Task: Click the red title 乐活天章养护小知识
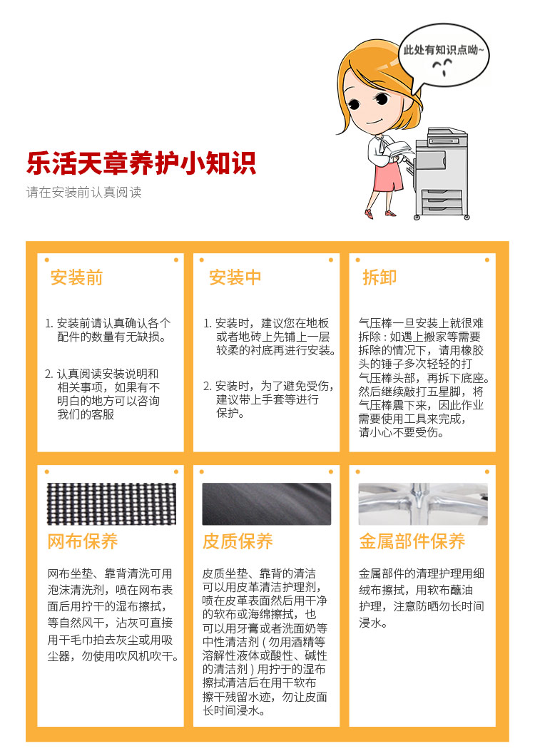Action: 141,163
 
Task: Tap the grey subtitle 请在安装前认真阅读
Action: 83,193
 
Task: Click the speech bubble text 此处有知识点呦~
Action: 444,50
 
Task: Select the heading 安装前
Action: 77,277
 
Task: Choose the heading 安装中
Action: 235,277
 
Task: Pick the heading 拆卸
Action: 379,277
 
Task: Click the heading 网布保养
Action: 83,541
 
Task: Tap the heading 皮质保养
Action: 238,541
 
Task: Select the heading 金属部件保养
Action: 412,541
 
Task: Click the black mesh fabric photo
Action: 111,504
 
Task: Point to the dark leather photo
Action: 267,504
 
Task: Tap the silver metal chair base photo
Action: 423,504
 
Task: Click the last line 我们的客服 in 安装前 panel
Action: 86,414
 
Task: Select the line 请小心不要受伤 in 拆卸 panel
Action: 402,432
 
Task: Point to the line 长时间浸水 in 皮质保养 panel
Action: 234,710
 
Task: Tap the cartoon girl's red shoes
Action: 379,213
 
